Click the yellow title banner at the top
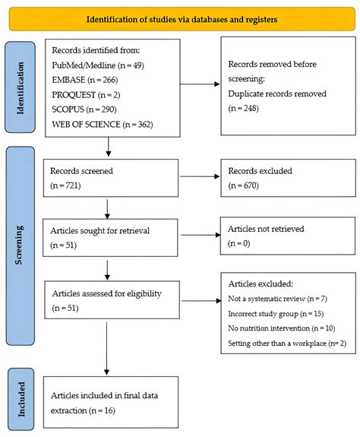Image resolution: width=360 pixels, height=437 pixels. click(182, 19)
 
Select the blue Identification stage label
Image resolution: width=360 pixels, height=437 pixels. click(20, 87)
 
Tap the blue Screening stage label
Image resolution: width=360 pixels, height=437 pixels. click(21, 245)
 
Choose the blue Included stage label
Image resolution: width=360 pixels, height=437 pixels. click(21, 399)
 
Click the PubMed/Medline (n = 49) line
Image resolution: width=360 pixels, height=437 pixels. click(98, 65)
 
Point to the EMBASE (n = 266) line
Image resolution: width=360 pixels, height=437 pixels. click(84, 80)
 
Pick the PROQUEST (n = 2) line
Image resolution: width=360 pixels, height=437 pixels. click(86, 95)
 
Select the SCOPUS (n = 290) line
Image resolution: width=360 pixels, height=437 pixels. click(84, 109)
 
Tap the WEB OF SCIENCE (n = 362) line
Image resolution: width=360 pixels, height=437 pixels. click(103, 125)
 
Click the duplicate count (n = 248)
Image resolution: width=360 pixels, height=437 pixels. click(243, 108)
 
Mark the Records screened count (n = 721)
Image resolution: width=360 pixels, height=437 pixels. click(65, 185)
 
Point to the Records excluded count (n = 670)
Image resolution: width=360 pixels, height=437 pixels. click(243, 185)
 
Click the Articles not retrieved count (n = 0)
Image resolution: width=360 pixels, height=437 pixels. click(239, 243)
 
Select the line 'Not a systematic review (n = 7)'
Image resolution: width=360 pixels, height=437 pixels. click(277, 299)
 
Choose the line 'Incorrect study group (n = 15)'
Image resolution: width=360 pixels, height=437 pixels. click(276, 314)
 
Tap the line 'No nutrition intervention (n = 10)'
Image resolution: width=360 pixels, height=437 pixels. click(282, 328)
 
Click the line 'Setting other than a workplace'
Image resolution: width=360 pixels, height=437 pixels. click(287, 343)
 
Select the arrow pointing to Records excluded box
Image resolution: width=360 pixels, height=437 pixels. click(200, 176)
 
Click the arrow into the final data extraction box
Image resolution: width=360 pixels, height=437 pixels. click(106, 348)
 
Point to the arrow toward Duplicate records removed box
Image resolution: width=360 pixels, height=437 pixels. click(200, 84)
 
